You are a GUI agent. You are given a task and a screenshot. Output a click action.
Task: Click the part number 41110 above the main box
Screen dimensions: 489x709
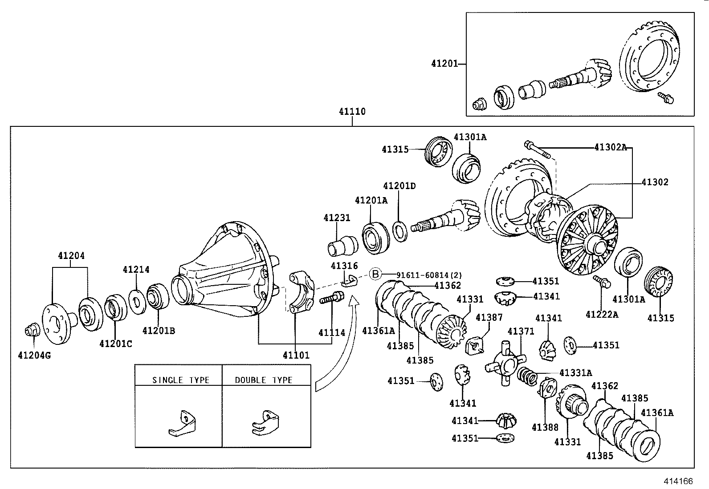click(x=352, y=111)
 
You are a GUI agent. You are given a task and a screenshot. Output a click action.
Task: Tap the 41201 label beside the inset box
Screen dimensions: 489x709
click(x=444, y=64)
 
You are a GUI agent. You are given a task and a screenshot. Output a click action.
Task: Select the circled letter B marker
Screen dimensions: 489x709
click(x=375, y=274)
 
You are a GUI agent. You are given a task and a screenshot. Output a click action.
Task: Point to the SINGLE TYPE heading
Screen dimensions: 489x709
click(x=180, y=380)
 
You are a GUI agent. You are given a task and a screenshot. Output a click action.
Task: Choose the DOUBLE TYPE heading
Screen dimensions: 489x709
click(x=264, y=380)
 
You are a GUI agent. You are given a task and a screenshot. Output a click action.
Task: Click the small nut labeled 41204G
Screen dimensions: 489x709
click(x=31, y=331)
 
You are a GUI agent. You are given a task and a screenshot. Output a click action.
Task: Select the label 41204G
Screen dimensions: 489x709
click(x=34, y=356)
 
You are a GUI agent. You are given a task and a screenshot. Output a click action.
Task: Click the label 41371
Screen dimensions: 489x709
click(x=521, y=331)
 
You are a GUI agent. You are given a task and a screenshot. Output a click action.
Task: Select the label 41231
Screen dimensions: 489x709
click(x=337, y=218)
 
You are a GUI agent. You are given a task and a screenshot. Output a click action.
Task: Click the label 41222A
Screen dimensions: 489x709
click(x=602, y=315)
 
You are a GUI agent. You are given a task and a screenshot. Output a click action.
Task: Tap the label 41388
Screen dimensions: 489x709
click(x=545, y=427)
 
